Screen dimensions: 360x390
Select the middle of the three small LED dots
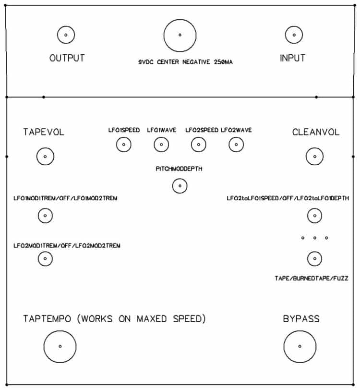315,238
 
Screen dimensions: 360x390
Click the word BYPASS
301,318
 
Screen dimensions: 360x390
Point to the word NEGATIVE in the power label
196,62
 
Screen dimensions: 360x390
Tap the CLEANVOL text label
316,132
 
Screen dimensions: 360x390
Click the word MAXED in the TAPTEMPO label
152,318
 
